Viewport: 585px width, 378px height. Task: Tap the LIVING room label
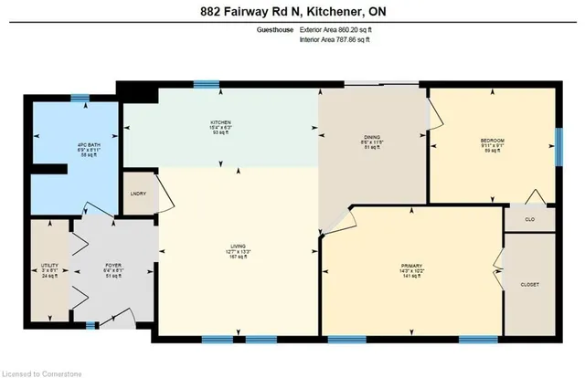(239, 246)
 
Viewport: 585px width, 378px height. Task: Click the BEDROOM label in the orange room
(493, 140)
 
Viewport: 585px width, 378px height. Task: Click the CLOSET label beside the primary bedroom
(530, 284)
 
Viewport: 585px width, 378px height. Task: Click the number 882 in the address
(212, 12)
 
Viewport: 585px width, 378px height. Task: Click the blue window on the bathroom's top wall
(80, 97)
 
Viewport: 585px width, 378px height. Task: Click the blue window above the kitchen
(207, 85)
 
